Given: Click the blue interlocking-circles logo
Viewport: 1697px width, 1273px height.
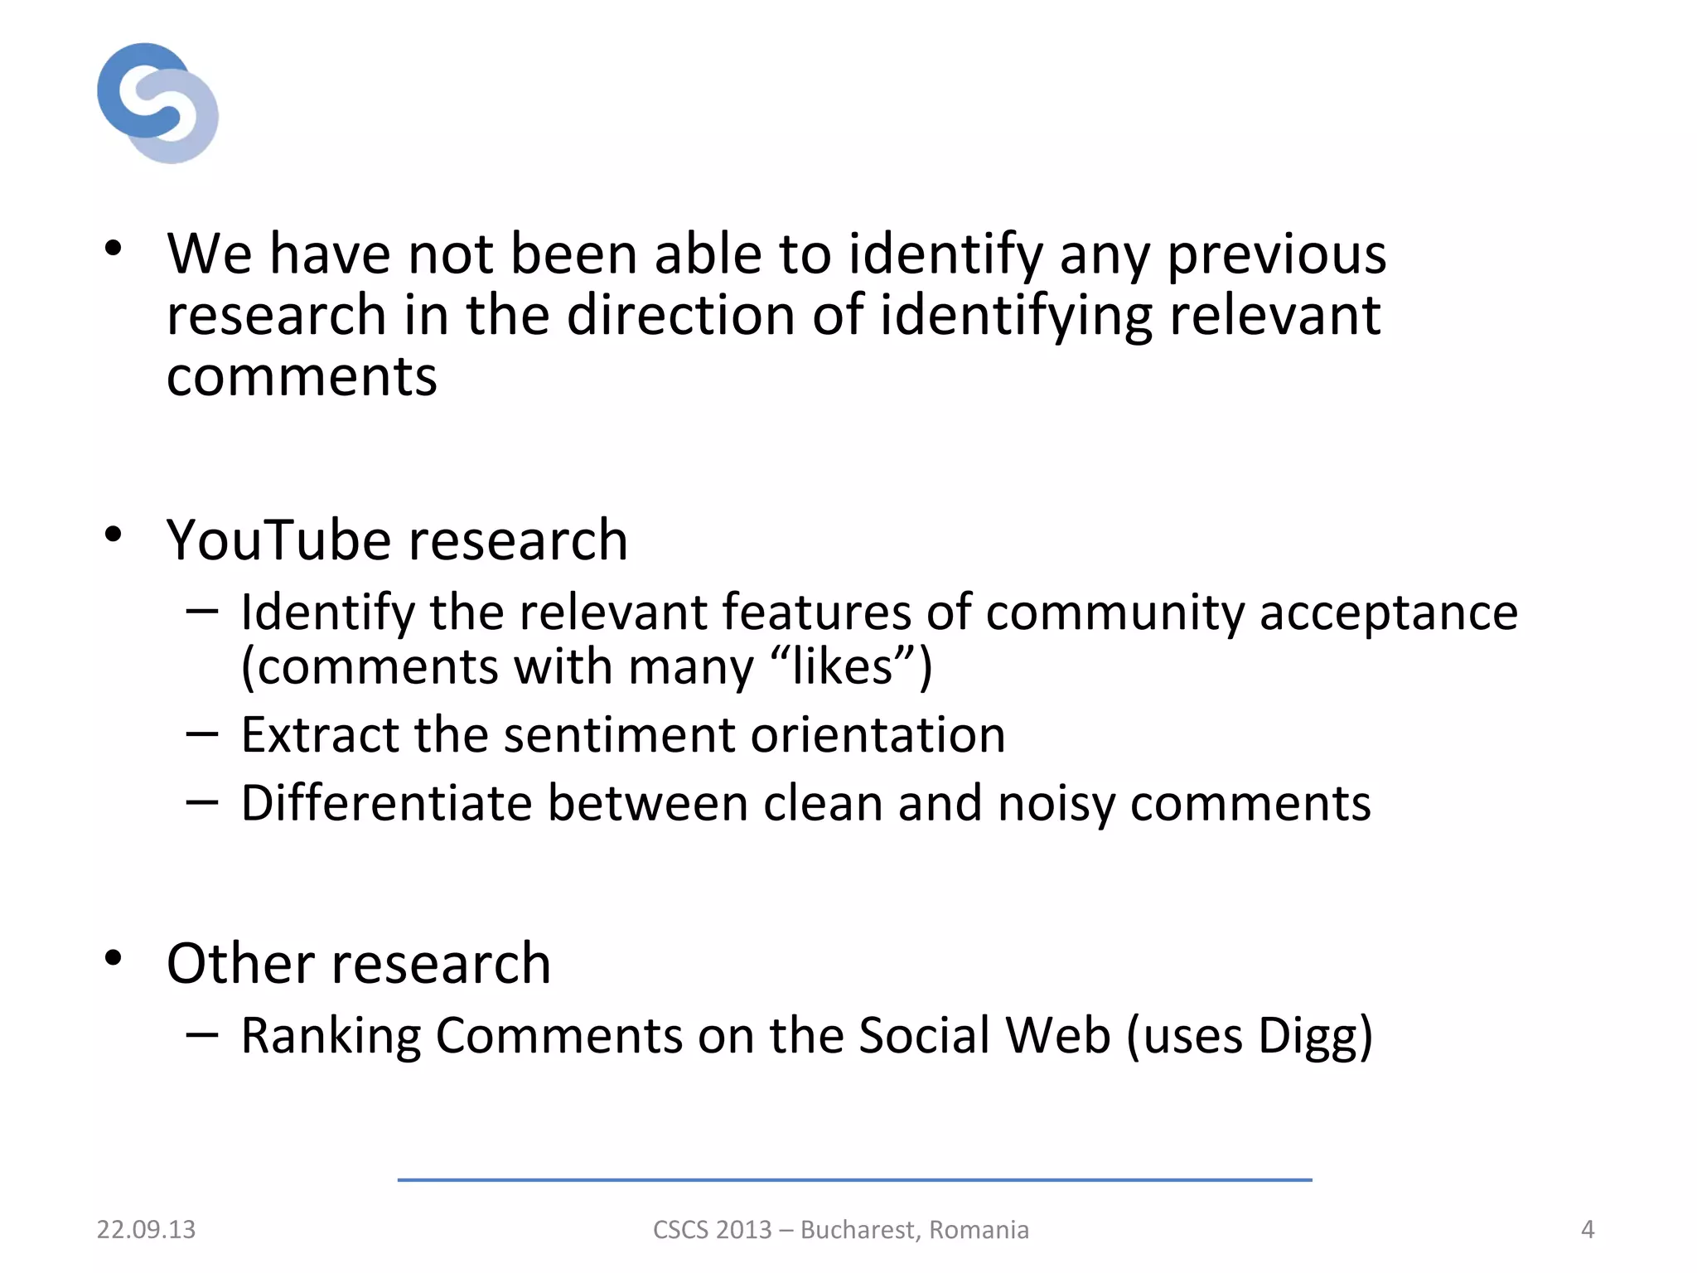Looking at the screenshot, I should pyautogui.click(x=157, y=103).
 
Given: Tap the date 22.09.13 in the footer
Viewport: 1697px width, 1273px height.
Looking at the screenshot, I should pyautogui.click(x=146, y=1229).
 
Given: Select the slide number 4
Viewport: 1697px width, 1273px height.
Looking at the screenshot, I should pyautogui.click(x=1587, y=1229).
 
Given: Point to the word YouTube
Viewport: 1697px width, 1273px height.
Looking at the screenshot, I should pyautogui.click(x=278, y=540).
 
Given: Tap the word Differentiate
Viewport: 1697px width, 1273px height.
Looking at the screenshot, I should pyautogui.click(x=386, y=803).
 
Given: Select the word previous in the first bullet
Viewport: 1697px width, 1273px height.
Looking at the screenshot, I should pyautogui.click(x=1276, y=254).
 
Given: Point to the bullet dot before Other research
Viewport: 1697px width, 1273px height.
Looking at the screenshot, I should pyautogui.click(x=114, y=958).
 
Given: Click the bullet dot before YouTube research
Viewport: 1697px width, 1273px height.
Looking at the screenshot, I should pyautogui.click(x=114, y=535).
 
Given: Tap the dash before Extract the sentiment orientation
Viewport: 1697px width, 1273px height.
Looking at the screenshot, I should pyautogui.click(x=202, y=733).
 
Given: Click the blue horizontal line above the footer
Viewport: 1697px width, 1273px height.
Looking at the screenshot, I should pyautogui.click(x=854, y=1179).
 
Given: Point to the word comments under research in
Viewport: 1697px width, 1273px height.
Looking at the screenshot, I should pyautogui.click(x=302, y=377).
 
